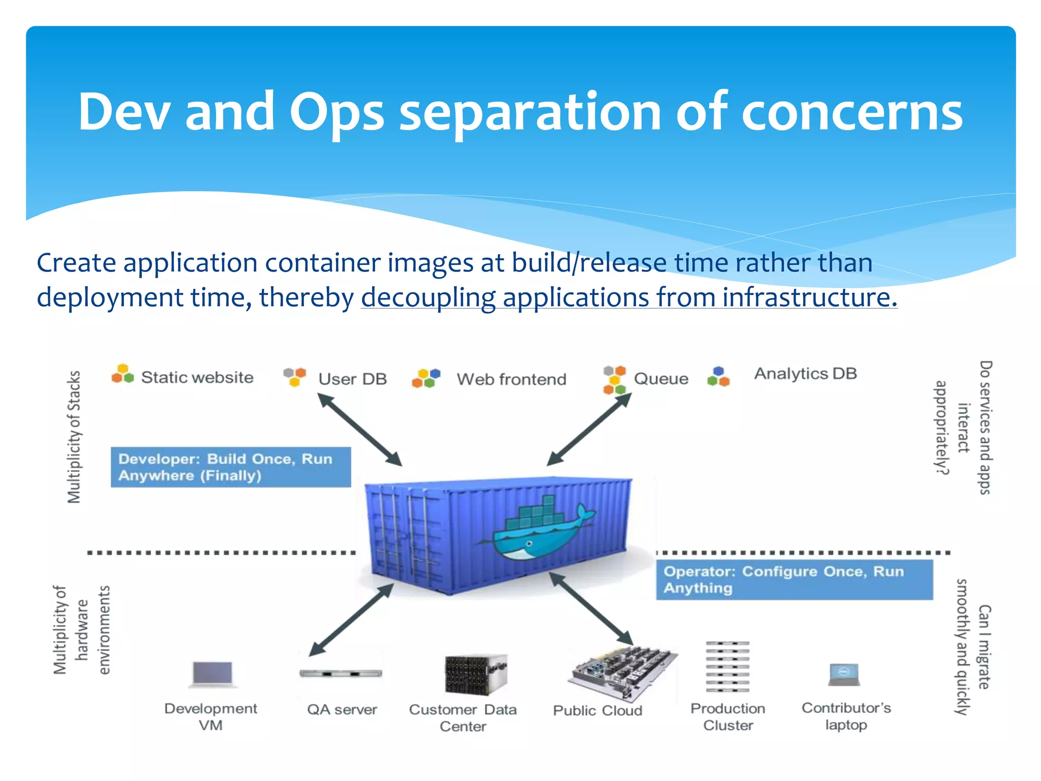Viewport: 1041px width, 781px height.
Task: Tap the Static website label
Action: (x=197, y=377)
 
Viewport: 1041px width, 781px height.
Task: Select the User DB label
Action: (x=352, y=379)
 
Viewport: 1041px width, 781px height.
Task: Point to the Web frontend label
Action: (x=511, y=379)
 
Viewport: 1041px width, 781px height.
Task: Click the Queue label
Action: (x=661, y=379)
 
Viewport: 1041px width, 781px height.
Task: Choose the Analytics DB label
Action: (x=805, y=374)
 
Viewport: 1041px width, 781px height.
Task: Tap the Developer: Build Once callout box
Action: (x=231, y=467)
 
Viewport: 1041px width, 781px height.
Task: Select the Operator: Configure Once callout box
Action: (x=794, y=580)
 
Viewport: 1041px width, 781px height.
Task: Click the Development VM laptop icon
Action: (x=212, y=674)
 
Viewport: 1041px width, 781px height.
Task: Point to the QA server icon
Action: (x=341, y=674)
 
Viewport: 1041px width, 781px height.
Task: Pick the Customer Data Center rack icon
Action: (x=475, y=675)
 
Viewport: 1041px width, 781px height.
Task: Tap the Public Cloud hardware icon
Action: (x=622, y=672)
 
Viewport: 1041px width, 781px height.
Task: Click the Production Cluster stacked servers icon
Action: (x=727, y=667)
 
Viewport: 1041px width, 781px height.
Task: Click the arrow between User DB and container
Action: (x=359, y=430)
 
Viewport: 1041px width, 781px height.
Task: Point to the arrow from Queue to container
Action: (x=589, y=430)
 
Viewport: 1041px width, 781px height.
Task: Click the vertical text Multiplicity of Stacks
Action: (x=74, y=437)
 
